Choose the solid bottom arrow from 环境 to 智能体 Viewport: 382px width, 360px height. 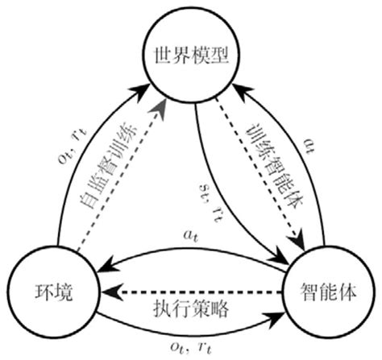[193, 329]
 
